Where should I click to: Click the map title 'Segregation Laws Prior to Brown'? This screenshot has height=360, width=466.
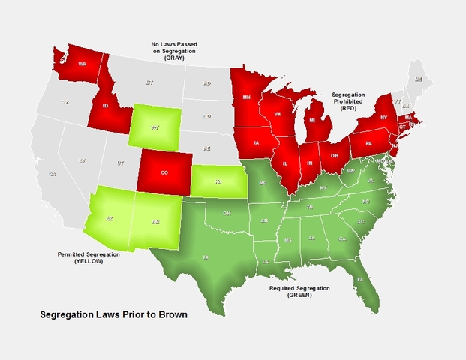click(113, 314)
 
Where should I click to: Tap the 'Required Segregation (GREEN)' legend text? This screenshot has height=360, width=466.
click(298, 292)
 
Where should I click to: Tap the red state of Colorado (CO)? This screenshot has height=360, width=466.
click(164, 172)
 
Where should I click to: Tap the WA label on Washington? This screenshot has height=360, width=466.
click(83, 64)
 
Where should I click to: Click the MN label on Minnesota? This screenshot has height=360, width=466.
click(247, 97)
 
